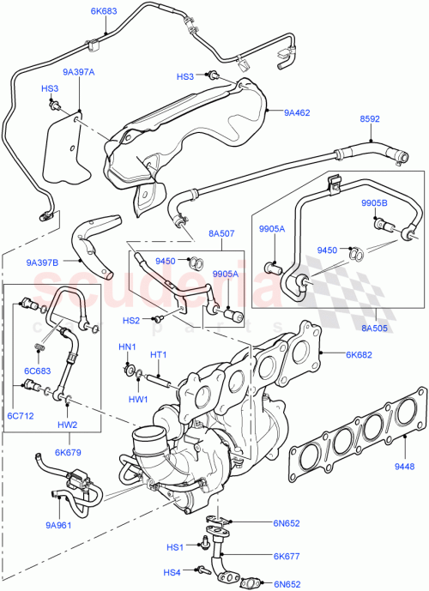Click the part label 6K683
coord(105,12)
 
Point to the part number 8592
coord(369,120)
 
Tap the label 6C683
coord(39,370)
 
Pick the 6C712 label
coord(21,415)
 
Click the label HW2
coord(68,425)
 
